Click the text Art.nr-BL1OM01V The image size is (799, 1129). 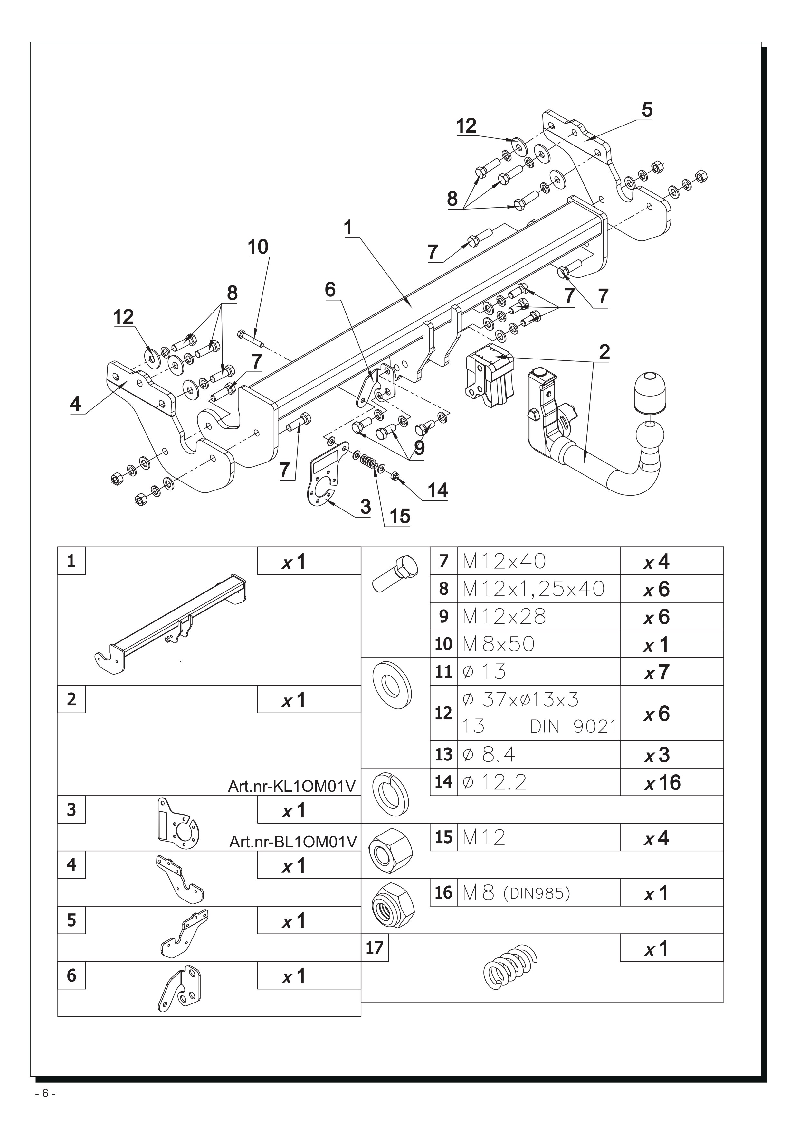coord(293,842)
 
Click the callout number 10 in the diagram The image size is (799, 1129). coord(258,247)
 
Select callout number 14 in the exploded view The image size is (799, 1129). coord(437,490)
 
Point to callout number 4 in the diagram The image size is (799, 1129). coord(75,404)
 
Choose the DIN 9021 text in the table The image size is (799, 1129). coord(573,726)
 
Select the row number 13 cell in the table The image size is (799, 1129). coord(443,754)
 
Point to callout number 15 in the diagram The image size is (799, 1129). coord(399,516)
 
